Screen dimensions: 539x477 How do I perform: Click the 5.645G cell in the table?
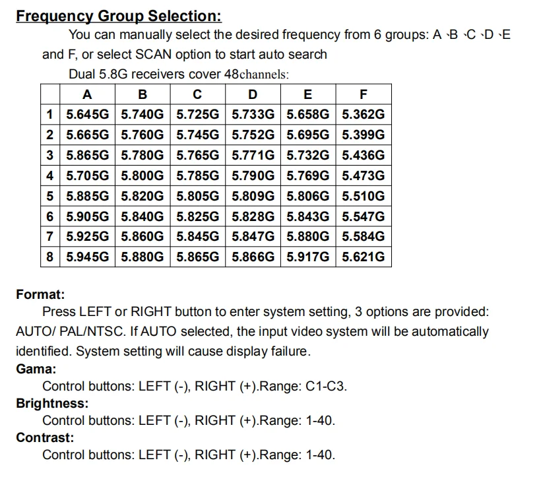pos(88,114)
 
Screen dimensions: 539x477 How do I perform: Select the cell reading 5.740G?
pos(143,114)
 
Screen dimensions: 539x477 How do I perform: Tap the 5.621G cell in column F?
pos(363,257)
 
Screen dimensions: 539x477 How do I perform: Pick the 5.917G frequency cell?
pos(307,257)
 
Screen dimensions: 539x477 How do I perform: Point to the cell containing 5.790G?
pos(253,175)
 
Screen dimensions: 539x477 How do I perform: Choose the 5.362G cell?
pos(363,114)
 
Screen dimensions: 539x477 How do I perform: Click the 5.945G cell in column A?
pos(88,257)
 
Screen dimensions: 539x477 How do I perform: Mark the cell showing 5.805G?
pos(198,196)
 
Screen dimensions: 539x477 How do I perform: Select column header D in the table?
pos(253,94)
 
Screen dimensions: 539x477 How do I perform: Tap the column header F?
pos(363,94)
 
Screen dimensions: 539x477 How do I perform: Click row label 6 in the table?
pos(50,216)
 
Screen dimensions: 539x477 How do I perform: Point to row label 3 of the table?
pos(50,155)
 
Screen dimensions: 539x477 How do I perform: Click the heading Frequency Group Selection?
pos(119,15)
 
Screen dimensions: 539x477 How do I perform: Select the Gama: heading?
pos(36,369)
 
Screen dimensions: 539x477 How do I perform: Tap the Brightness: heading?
pos(52,403)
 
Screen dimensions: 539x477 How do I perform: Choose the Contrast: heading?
pos(45,437)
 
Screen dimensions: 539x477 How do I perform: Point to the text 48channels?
pos(257,75)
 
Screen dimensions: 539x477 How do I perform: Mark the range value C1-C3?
pos(326,387)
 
